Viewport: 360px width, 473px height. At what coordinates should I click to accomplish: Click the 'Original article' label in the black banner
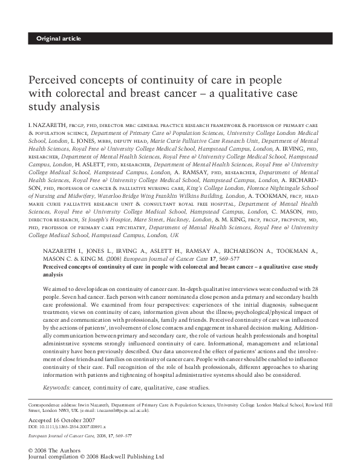pos(58,39)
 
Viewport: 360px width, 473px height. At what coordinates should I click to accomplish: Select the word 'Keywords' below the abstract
pos(57,387)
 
